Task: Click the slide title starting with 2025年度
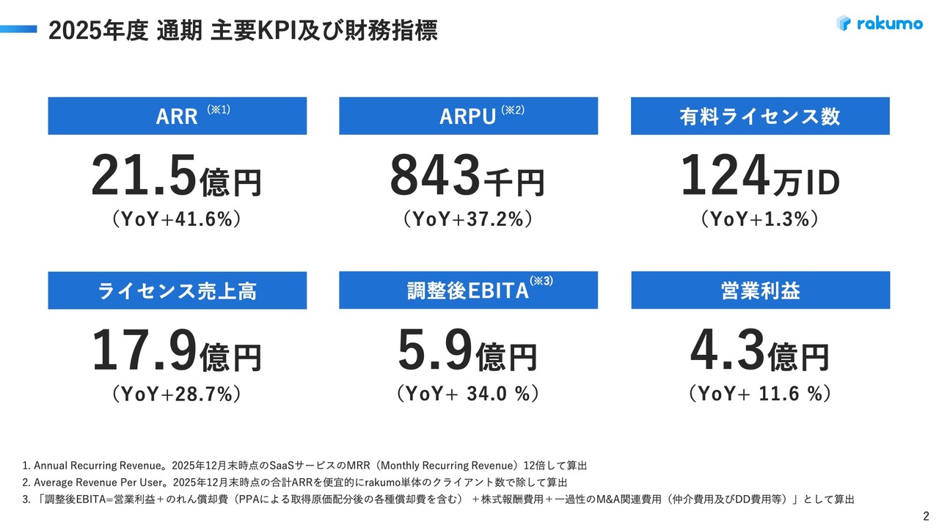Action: pos(242,31)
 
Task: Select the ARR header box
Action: pos(178,116)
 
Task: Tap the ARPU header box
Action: pos(468,116)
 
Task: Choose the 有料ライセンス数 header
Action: pos(760,116)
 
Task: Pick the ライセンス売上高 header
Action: pos(178,290)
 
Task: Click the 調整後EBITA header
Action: pos(468,290)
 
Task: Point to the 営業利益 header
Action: pos(760,290)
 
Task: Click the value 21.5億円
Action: pos(176,178)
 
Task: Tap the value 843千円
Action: pos(467,178)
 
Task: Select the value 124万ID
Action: pos(759,178)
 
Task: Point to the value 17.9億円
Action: pos(176,353)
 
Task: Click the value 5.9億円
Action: pos(467,353)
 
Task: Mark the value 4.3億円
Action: pos(759,353)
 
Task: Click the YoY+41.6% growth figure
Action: pos(176,219)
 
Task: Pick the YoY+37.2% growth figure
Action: pos(467,219)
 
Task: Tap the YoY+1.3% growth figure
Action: pos(759,219)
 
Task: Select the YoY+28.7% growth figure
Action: pos(176,394)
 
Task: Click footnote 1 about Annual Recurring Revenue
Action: pos(304,466)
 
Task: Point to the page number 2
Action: pos(925,515)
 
